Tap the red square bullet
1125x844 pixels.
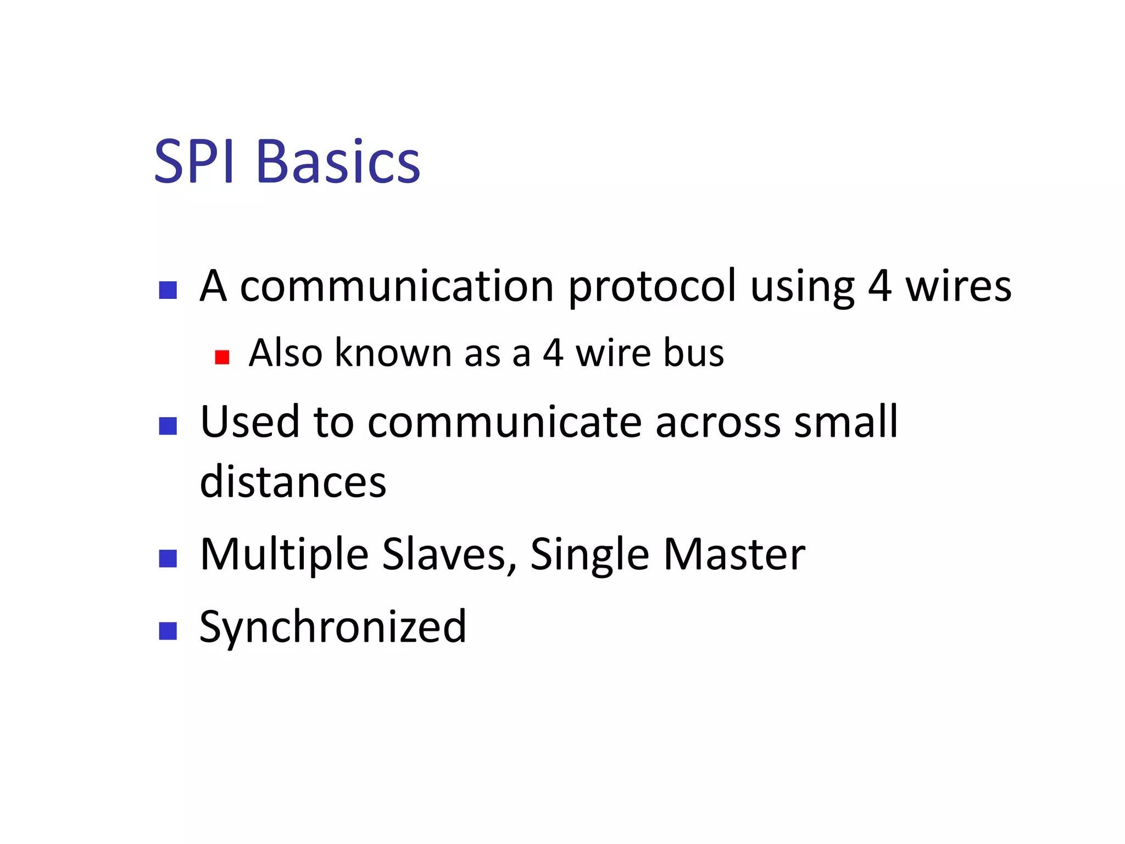point(222,357)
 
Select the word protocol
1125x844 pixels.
point(651,287)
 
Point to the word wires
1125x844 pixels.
point(958,286)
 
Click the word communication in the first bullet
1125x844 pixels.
point(397,286)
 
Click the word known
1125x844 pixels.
point(393,353)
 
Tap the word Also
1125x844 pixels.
point(286,353)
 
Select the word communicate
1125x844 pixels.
point(505,422)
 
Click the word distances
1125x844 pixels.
point(293,482)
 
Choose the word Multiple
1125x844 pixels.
point(284,555)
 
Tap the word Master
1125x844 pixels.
point(734,555)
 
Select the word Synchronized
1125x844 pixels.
point(333,628)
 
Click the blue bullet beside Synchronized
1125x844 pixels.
point(168,631)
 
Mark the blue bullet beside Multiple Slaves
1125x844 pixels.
point(168,558)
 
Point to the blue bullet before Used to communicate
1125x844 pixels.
point(168,426)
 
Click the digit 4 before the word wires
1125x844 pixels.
point(880,286)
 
